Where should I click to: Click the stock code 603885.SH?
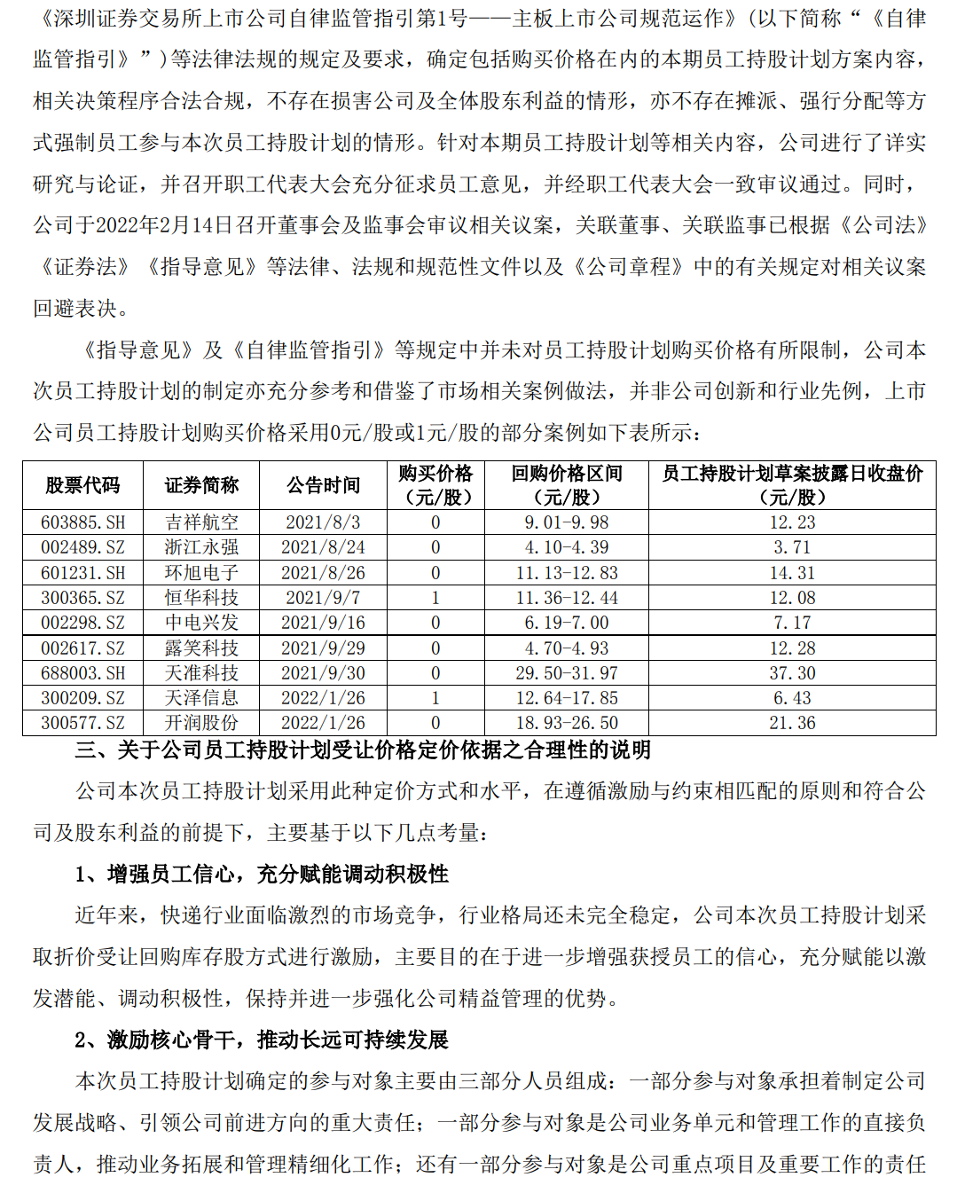[x=82, y=522]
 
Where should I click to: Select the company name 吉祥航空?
[x=201, y=522]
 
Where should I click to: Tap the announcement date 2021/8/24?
[x=323, y=547]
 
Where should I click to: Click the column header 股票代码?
[x=82, y=485]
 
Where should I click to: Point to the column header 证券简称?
[x=201, y=485]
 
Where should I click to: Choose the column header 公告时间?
[x=323, y=485]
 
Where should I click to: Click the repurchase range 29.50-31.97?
[x=567, y=673]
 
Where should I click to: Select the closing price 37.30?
[x=792, y=673]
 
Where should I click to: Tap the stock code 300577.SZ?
[x=82, y=723]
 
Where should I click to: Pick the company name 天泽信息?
[x=201, y=698]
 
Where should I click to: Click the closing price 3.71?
[x=792, y=547]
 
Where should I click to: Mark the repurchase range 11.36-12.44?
[x=567, y=598]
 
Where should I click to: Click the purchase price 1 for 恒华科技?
[x=435, y=598]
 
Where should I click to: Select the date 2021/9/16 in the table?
[x=323, y=623]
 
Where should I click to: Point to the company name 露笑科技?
[x=201, y=648]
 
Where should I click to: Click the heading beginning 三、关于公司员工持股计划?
[x=363, y=750]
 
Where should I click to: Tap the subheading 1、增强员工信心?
[x=262, y=875]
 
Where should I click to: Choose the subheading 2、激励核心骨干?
[x=262, y=1040]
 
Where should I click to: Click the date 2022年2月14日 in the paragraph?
[x=164, y=225]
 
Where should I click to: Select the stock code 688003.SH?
[x=82, y=673]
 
